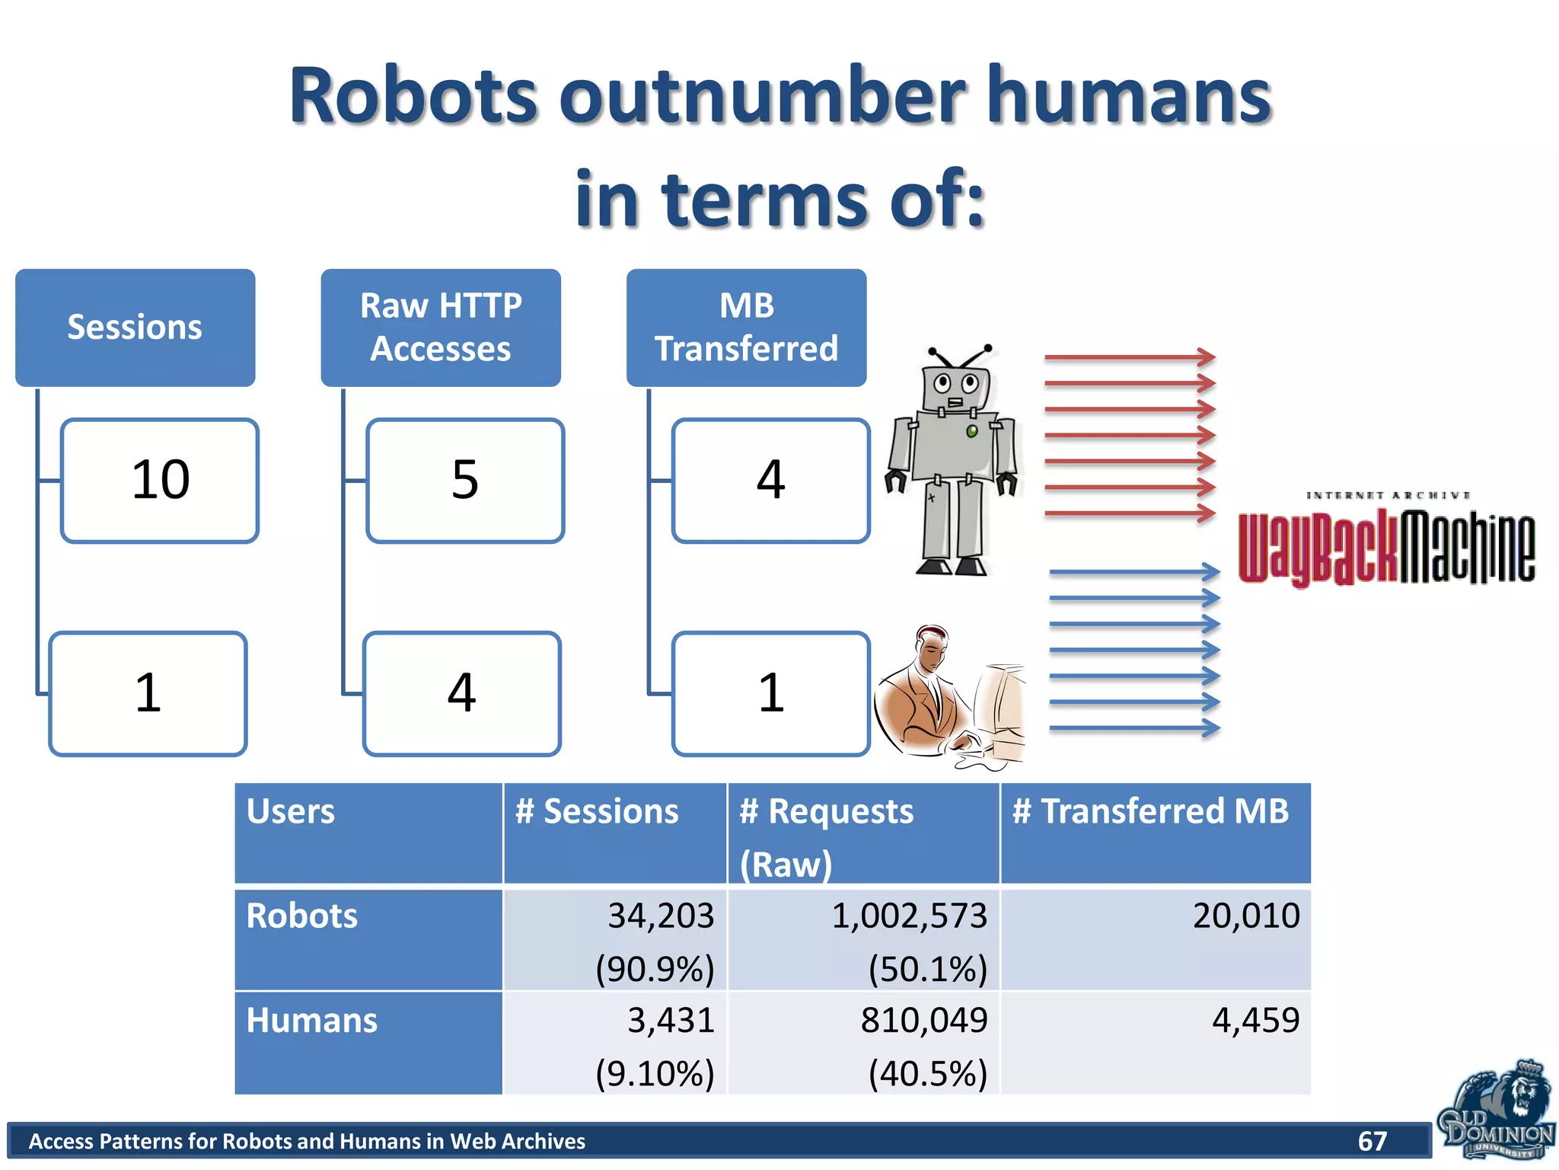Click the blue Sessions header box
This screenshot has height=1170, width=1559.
135,328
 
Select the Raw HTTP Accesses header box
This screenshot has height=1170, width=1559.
441,328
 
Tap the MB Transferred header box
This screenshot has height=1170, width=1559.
746,328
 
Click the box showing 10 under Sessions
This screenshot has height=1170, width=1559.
160,481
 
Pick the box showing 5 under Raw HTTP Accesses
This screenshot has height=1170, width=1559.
465,481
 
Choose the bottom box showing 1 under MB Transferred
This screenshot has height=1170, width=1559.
770,694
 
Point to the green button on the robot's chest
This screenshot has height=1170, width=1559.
972,432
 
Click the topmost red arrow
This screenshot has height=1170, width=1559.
1130,356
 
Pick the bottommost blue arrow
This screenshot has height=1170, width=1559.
1134,729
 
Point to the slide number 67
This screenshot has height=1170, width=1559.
1372,1141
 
